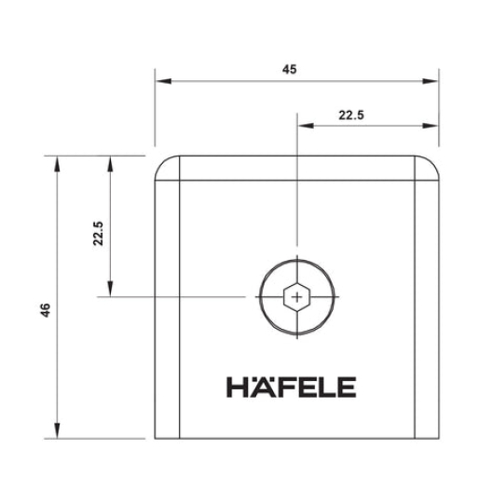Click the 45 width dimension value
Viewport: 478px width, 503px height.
pyautogui.click(x=296, y=68)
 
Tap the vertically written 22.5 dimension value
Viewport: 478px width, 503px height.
pyautogui.click(x=98, y=233)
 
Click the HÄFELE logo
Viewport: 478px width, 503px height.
pyautogui.click(x=291, y=387)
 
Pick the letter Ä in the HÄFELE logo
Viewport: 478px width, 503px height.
pyautogui.click(x=254, y=386)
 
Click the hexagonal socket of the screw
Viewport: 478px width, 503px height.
pyautogui.click(x=296, y=298)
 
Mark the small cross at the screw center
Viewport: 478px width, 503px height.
pyautogui.click(x=296, y=298)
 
